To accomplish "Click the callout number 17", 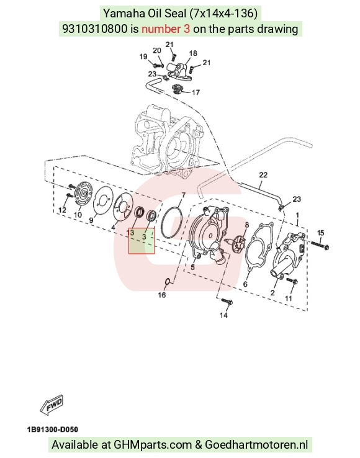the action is [x=196, y=92].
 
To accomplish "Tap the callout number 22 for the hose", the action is [x=263, y=175].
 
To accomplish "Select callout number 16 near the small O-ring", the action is [x=162, y=295].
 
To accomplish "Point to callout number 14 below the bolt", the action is [x=223, y=315].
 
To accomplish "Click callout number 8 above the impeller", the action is [x=247, y=225].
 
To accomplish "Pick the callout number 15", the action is [x=320, y=233].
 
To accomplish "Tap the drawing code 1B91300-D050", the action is [x=53, y=429].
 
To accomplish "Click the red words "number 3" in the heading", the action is [x=166, y=29].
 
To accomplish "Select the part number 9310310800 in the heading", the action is [x=95, y=29].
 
